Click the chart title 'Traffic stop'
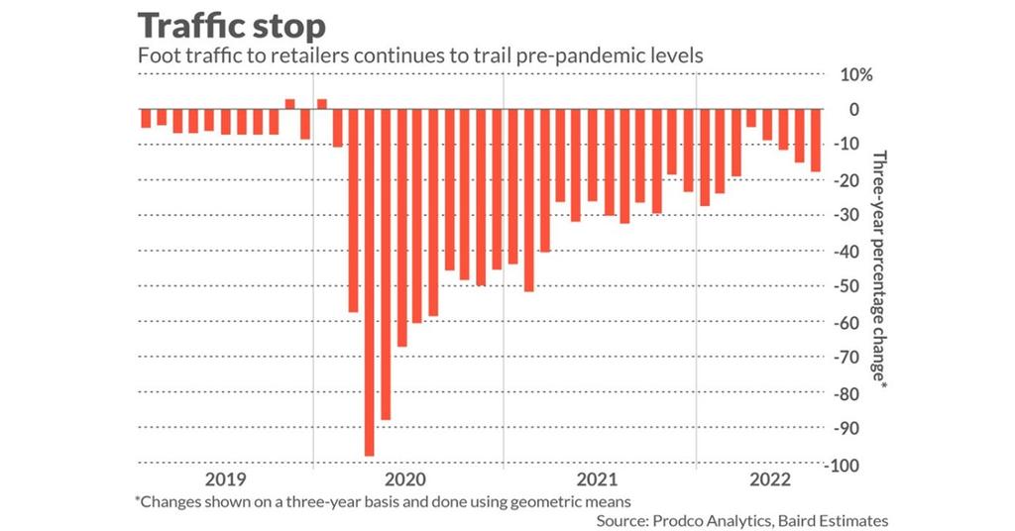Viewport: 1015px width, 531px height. coord(229,26)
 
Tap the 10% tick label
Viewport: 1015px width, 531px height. coord(856,75)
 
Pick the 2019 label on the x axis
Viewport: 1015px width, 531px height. coord(224,480)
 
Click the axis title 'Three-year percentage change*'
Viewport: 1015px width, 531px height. coord(877,267)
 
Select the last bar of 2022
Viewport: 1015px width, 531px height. coord(816,141)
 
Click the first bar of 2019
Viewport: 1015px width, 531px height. coord(146,119)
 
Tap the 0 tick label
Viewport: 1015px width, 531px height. coord(853,110)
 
